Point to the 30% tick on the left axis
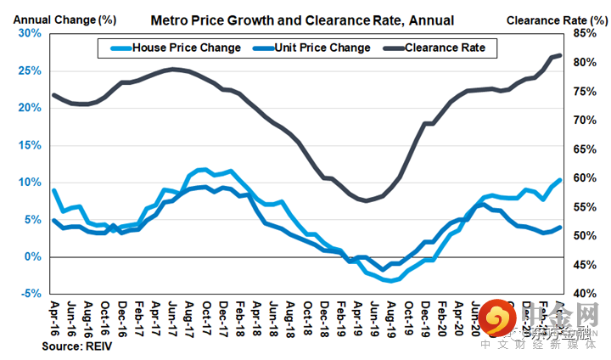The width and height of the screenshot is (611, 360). [30, 33]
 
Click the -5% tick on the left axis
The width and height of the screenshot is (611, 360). [30, 294]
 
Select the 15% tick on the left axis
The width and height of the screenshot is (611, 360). [30, 145]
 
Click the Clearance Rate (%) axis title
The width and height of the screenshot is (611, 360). [557, 18]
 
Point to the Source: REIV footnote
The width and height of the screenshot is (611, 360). [76, 346]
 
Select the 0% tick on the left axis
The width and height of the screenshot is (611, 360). [33, 256]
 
